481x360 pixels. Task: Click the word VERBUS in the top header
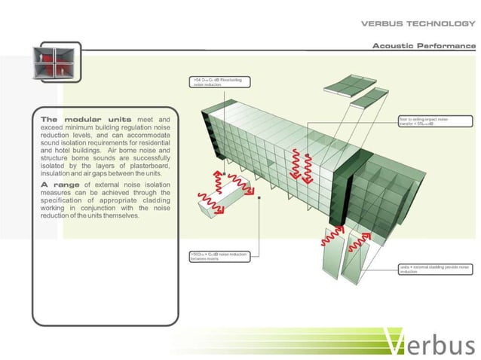pyautogui.click(x=382, y=23)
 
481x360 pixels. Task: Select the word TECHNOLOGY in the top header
pyautogui.click(x=441, y=23)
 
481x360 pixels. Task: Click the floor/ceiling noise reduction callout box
pyautogui.click(x=218, y=81)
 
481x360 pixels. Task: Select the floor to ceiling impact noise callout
pyautogui.click(x=435, y=121)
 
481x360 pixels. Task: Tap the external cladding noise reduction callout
pyautogui.click(x=435, y=269)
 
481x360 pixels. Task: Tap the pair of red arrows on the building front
pyautogui.click(x=301, y=166)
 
